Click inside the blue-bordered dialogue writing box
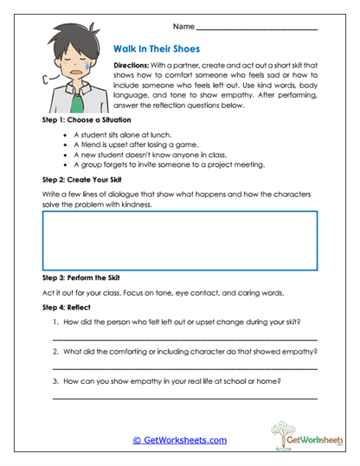[x=179, y=241]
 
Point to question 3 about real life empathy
[x=173, y=381]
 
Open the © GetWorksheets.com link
[x=179, y=440]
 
